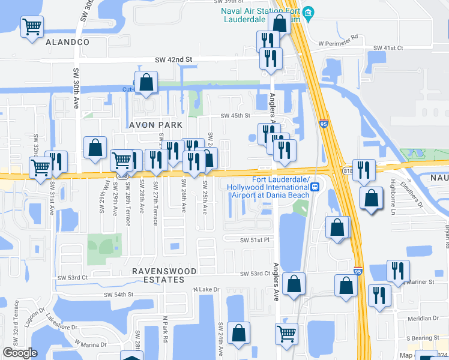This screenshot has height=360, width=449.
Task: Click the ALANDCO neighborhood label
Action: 67,42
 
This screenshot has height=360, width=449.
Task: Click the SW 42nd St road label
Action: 173,59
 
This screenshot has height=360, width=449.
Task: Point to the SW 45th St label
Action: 235,116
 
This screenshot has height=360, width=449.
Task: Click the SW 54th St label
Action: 113,295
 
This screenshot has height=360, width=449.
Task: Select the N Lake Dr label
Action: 205,289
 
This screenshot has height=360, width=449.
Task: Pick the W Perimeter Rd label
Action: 338,44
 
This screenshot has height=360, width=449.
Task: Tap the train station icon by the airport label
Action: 315,187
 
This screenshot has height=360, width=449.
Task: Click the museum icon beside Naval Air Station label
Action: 309,13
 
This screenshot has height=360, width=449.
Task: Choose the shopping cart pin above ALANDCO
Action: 32,26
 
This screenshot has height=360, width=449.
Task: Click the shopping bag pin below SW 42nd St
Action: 146,82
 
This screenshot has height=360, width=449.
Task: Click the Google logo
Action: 20,353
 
